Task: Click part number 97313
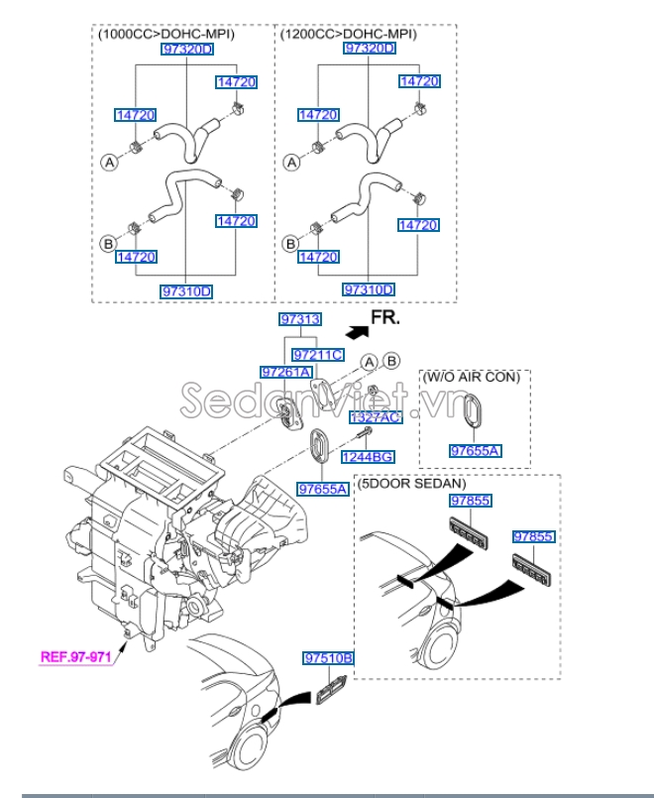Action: [x=299, y=319]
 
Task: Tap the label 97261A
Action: [x=285, y=372]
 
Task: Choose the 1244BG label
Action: [x=368, y=457]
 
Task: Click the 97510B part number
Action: [x=329, y=658]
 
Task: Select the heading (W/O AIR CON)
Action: [x=474, y=379]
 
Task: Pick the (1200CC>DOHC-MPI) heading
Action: [x=348, y=34]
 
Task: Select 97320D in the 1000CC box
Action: [x=187, y=49]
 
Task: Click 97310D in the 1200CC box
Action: [x=369, y=289]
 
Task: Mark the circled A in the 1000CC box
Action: [x=107, y=160]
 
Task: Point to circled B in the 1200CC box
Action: [x=291, y=243]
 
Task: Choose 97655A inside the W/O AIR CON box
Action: [x=475, y=451]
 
